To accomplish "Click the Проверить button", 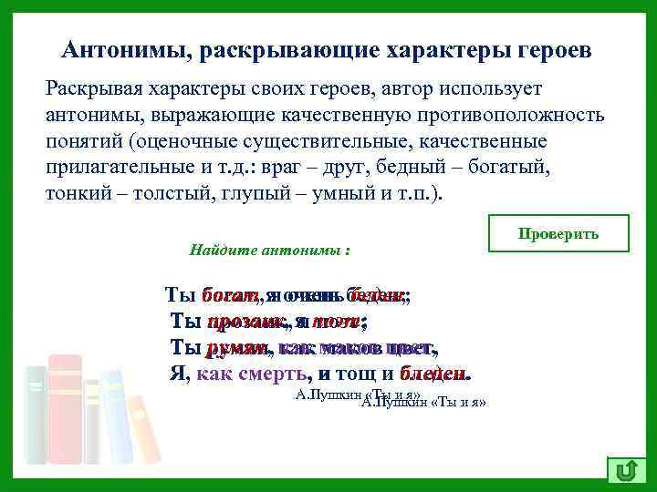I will click(558, 233).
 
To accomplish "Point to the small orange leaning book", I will click(142, 428).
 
